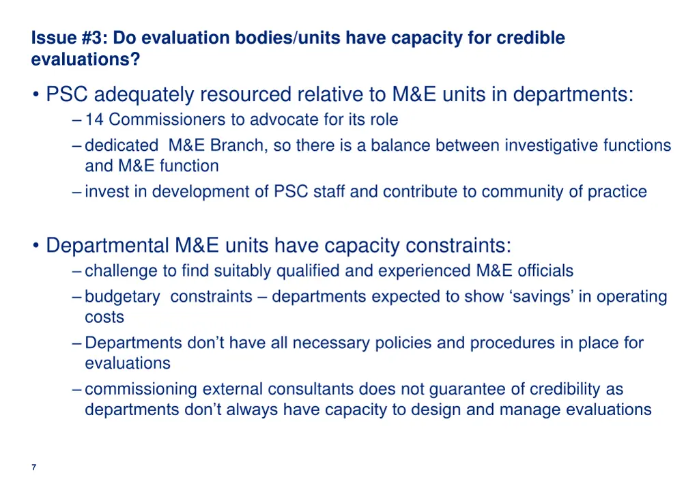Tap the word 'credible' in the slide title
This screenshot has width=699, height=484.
pos(530,38)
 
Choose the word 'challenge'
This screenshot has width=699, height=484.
pos(121,271)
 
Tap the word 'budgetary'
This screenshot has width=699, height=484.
pos(122,297)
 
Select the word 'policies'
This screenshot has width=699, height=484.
pos(403,343)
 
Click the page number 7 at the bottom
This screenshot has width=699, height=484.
pos(33,467)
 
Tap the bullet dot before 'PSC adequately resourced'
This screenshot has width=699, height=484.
pos(35,94)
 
